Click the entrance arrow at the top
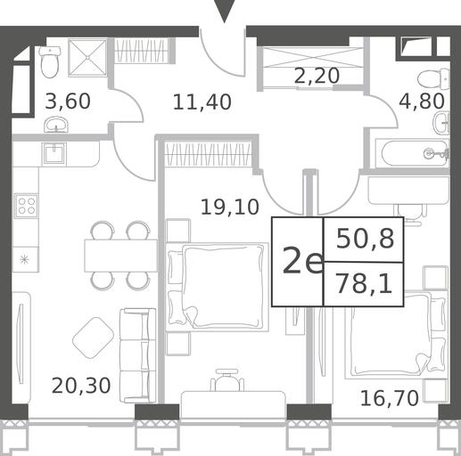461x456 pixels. pos(225,11)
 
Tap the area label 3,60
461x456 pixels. pos(68,102)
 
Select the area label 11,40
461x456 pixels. pos(202,102)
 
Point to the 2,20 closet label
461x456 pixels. pos(317,76)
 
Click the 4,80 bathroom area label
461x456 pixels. pos(422,101)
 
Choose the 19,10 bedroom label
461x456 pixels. pos(230,207)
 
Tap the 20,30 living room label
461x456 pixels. pos(81,386)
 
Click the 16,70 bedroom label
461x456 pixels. pos(390,398)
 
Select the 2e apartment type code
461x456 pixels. pos(302,261)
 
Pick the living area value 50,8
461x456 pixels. pos(366,239)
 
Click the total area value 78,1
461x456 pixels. pos(364,284)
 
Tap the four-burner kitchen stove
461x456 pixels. pos(27,206)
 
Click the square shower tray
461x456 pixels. pos(87,58)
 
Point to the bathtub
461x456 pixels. pos(412,153)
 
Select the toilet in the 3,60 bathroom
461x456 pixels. pos(50,62)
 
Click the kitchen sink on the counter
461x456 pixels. pos(54,153)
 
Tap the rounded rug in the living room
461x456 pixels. pos(93,338)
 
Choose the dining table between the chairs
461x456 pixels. pos(120,256)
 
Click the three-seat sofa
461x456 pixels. pos(137,355)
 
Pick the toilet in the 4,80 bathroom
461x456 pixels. pos(433,79)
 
